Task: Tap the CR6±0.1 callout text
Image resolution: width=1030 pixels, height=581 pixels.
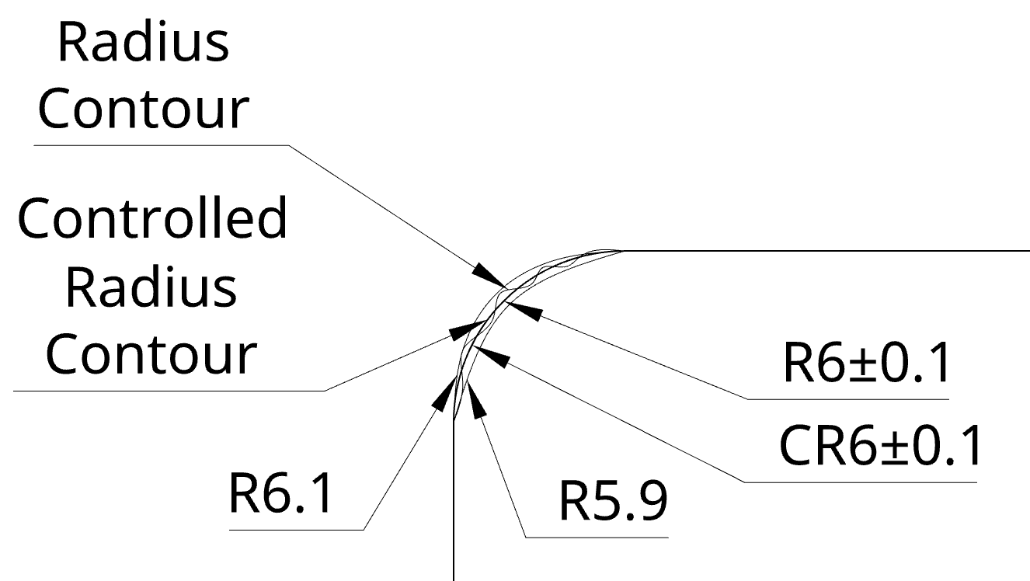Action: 879,447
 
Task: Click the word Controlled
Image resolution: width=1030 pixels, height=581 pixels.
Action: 152,220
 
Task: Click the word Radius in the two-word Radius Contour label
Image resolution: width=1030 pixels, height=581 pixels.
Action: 144,43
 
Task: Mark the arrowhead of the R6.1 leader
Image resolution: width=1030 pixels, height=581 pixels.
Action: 444,392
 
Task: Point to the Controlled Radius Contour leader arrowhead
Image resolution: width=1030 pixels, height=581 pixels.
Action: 463,329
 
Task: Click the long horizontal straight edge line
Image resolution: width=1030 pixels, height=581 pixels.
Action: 823,251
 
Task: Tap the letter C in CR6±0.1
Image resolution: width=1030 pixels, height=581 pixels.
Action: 795,447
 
